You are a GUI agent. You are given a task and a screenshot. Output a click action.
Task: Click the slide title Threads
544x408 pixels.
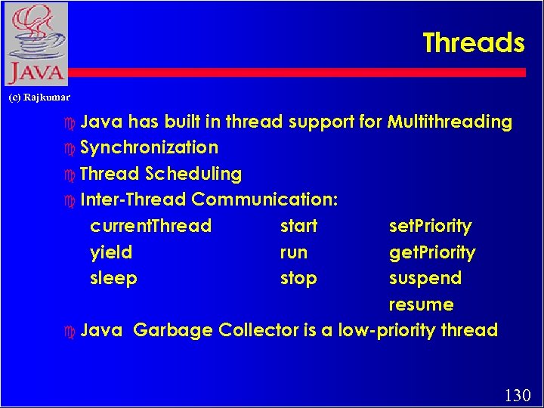pos(473,43)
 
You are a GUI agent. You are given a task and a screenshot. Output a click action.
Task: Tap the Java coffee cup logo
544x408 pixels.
pos(36,44)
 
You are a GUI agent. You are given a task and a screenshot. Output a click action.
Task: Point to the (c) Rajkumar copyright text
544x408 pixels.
pos(39,97)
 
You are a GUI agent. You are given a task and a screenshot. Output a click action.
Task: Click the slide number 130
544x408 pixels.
pos(518,394)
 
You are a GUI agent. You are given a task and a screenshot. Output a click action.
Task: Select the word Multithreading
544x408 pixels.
pos(450,122)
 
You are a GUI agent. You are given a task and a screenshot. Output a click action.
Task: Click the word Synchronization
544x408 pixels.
pos(149,147)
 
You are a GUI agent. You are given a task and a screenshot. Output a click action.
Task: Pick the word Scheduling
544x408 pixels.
pos(193,174)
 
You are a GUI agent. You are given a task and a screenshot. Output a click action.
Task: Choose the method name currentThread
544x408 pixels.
pos(150,226)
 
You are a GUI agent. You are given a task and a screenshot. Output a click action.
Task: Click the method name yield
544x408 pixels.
pos(111,252)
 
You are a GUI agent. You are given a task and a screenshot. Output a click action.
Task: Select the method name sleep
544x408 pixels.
pos(113,279)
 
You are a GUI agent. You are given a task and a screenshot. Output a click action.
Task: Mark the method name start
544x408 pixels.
pos(298,226)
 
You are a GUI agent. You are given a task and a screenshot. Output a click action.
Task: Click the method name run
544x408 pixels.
pos(294,252)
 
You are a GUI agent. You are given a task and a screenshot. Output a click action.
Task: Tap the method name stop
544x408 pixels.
pos(298,279)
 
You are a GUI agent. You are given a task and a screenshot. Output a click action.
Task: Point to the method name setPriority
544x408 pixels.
pos(430,226)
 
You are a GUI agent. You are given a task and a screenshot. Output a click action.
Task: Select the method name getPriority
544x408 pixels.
pos(432,252)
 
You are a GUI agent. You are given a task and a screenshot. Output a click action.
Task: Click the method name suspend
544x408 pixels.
pos(425,279)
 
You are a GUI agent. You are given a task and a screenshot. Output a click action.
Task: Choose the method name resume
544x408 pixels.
pos(421,305)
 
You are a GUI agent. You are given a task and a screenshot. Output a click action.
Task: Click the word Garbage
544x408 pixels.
pos(172,331)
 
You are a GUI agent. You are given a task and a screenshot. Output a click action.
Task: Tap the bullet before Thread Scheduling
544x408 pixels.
pos(70,175)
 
